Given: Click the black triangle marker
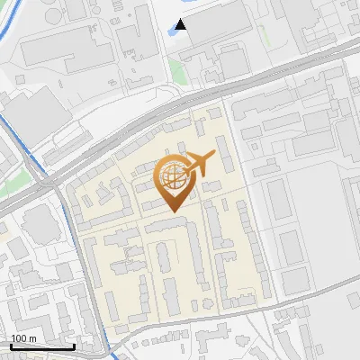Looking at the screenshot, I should click(x=182, y=24).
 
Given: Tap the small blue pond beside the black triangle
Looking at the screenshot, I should click(x=172, y=33).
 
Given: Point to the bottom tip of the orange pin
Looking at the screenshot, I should click(x=172, y=211).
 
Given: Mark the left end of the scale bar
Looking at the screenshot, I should click(x=11, y=346).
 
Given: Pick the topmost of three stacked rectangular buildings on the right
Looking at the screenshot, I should click(x=280, y=203).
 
